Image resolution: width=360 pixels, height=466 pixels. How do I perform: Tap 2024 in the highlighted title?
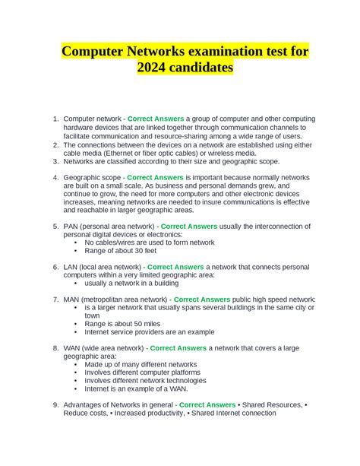click(154, 69)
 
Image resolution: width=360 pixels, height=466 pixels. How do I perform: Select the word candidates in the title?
click(202, 69)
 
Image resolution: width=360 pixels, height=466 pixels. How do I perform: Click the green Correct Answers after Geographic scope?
click(156, 178)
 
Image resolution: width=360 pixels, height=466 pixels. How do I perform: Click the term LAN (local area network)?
click(103, 268)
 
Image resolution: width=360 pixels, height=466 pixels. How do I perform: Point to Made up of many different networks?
click(141, 365)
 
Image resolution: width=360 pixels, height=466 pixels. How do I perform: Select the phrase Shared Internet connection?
click(234, 414)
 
